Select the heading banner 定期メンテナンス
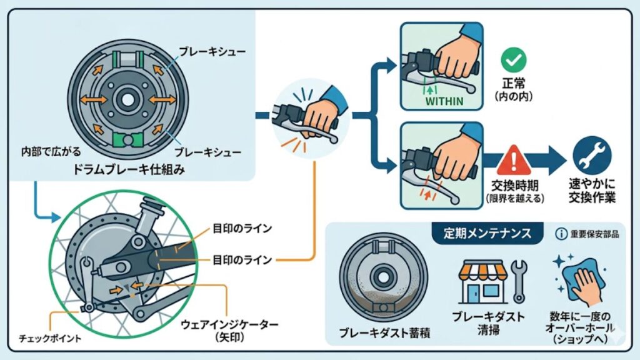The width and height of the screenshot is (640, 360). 487,234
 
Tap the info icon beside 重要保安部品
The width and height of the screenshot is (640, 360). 561,234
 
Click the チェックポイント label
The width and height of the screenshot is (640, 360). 56,338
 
